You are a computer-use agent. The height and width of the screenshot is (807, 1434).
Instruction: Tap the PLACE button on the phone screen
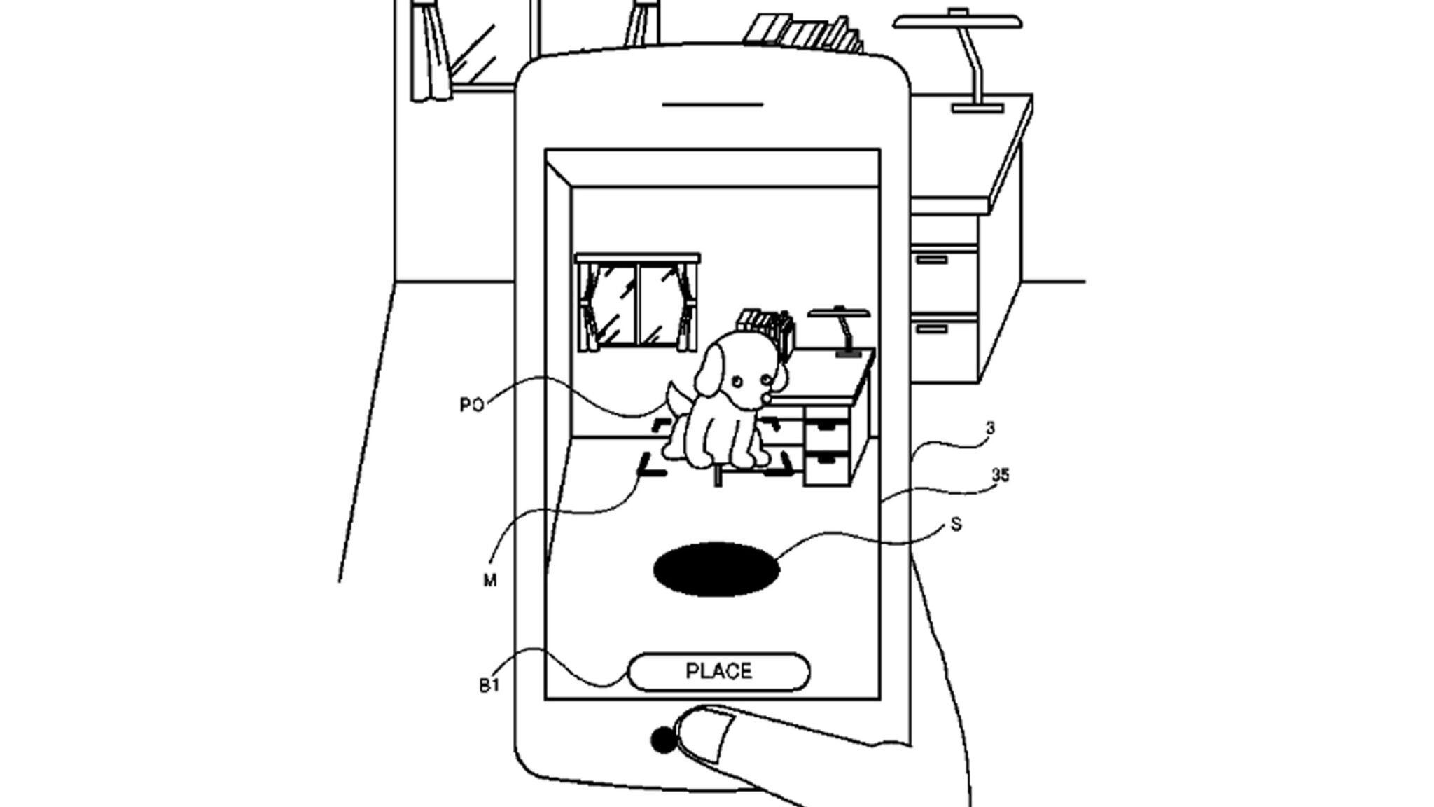tap(719, 672)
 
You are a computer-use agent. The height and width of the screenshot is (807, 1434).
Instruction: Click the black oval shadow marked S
tap(716, 569)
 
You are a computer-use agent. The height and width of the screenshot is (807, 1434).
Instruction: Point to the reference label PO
tap(472, 406)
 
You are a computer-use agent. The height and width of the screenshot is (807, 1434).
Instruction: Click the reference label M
tap(489, 581)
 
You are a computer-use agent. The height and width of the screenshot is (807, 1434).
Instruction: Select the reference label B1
tap(489, 686)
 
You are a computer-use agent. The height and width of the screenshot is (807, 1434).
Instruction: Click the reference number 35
tap(1001, 476)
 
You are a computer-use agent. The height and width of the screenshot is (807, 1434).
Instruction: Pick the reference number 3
tap(990, 427)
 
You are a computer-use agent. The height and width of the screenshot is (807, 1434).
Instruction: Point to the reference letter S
tap(957, 523)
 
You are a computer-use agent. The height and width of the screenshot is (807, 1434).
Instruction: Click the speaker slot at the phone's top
tap(712, 105)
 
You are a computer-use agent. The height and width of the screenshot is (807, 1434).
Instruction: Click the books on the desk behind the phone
tap(805, 32)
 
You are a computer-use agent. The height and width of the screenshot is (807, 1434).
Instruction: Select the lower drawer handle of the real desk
tap(932, 328)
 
